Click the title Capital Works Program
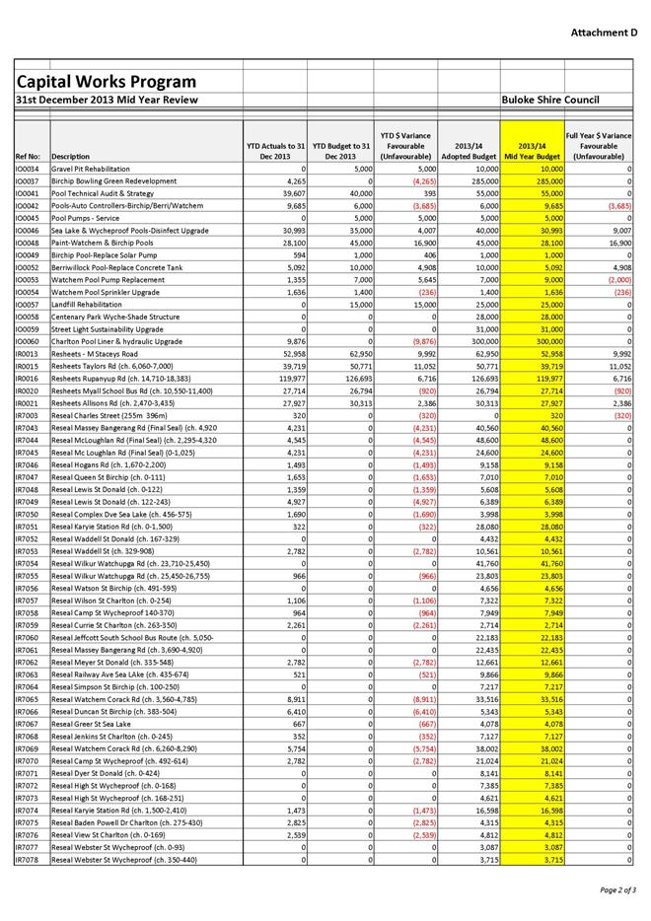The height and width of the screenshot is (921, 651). [x=105, y=81]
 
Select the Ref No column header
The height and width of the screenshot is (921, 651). [x=29, y=156]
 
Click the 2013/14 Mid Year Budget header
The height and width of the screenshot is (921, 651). [x=533, y=150]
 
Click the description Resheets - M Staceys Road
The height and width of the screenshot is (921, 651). [x=95, y=353]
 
